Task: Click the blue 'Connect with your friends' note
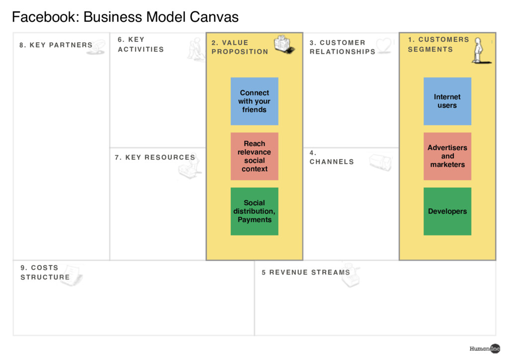click(254, 101)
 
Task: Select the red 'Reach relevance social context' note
click(254, 156)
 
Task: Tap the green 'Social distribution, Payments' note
click(254, 211)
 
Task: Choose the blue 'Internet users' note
click(447, 101)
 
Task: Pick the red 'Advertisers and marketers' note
click(447, 156)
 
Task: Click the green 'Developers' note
click(447, 211)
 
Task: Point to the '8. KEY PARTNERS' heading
click(56, 45)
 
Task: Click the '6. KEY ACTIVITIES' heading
click(140, 44)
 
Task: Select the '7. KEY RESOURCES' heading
click(155, 158)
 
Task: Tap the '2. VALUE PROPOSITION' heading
click(239, 47)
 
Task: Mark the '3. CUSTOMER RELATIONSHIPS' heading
click(342, 47)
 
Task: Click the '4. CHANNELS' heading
click(332, 158)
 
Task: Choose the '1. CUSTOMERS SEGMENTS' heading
click(438, 44)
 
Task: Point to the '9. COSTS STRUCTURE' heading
click(45, 272)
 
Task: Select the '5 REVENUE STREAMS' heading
click(306, 272)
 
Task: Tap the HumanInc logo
click(485, 349)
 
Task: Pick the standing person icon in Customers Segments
click(479, 50)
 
